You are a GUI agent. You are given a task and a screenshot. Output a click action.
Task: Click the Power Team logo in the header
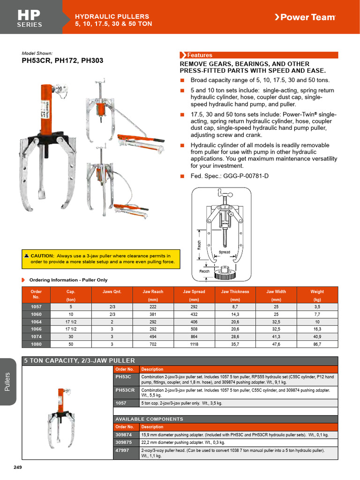pyautogui.click(x=305, y=17)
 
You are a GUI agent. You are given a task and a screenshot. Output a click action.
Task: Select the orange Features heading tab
pyautogui.click(x=197, y=55)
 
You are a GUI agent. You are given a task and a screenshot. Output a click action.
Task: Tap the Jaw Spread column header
pyautogui.click(x=194, y=295)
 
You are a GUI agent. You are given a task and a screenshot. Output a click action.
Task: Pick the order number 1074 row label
pyautogui.click(x=36, y=336)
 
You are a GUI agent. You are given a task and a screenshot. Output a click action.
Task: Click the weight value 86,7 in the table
pyautogui.click(x=317, y=344)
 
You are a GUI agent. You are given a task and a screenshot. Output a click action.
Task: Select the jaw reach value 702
pyautogui.click(x=153, y=344)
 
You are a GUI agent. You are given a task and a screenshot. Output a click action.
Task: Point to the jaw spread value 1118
pyautogui.click(x=194, y=344)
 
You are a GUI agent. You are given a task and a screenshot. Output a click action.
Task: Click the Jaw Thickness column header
pyautogui.click(x=235, y=295)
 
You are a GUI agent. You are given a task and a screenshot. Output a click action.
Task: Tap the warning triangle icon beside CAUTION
pyautogui.click(x=26, y=255)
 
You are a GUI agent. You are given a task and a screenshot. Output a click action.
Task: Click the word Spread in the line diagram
pyautogui.click(x=225, y=252)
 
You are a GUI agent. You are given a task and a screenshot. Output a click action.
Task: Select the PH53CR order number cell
pyautogui.click(x=125, y=390)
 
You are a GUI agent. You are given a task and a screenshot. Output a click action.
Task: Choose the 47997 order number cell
pyautogui.click(x=123, y=450)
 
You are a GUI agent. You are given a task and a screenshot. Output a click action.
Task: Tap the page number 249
pyautogui.click(x=18, y=467)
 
